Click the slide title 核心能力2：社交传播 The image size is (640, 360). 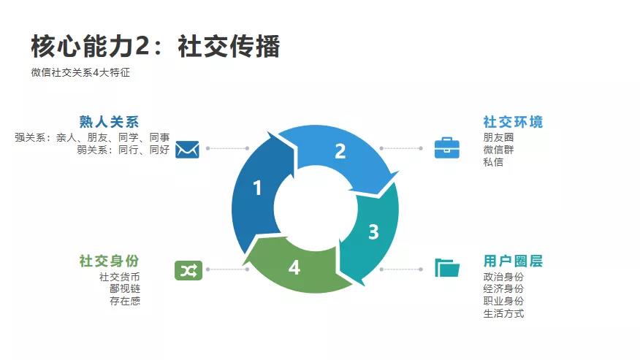156,46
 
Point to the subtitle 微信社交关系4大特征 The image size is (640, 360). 80,72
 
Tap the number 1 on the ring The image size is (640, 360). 256,188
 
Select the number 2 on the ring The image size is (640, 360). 340,151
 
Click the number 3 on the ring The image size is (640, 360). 373,232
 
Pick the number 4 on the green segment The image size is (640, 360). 294,268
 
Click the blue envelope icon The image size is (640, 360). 187,148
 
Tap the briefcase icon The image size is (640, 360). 447,148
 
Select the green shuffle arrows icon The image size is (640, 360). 187,270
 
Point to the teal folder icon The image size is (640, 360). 447,268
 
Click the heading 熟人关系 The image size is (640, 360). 109,122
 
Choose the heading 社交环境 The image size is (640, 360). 513,122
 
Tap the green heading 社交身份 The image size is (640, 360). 109,261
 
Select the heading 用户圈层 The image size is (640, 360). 513,261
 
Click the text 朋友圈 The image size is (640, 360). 498,137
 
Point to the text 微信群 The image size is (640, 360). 498,150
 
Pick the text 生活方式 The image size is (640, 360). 503,314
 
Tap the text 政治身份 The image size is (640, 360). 503,277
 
